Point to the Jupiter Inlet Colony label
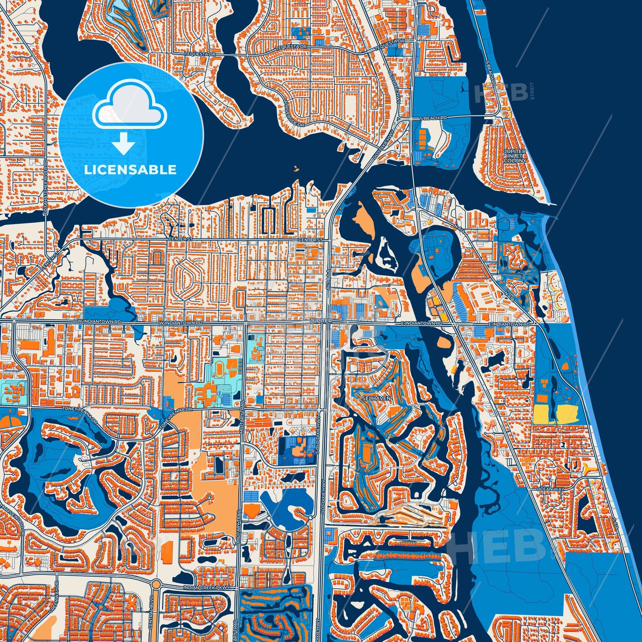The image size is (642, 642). (x=515, y=155)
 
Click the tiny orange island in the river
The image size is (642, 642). (x=295, y=169)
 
